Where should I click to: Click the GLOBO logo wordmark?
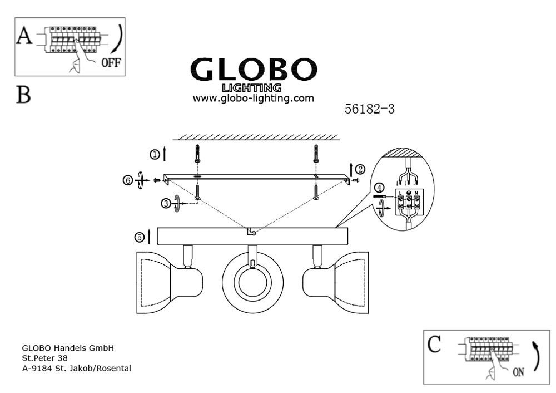252,70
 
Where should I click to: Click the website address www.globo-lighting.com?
254,99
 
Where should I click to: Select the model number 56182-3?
370,110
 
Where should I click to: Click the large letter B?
23,95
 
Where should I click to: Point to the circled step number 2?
360,168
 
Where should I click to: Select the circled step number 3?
166,204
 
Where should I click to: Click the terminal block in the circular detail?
409,204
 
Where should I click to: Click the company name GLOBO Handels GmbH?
68,348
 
